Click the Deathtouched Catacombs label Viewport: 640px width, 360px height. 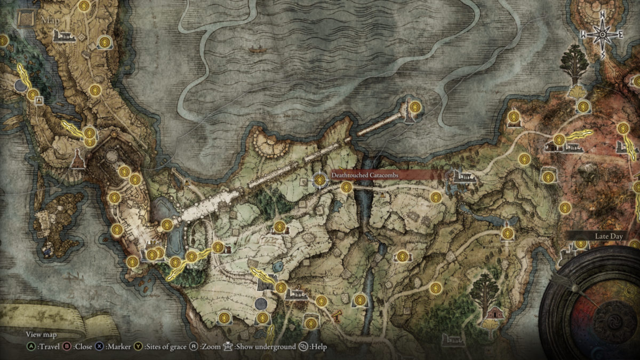coord(364,175)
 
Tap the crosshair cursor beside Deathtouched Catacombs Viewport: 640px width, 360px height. coord(319,180)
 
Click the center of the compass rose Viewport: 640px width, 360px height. coord(602,35)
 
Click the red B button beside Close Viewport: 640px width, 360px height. coord(68,347)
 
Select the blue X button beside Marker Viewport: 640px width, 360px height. coord(99,347)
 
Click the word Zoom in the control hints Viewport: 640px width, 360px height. coord(210,347)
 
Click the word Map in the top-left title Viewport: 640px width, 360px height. coord(48,20)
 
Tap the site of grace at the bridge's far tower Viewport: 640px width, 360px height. coord(415,107)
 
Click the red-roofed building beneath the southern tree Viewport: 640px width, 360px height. coord(495,313)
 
